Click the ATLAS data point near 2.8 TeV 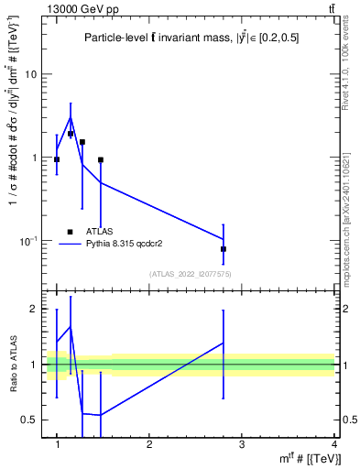pyautogui.click(x=224, y=249)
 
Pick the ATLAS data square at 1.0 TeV pyautogui.click(x=57, y=159)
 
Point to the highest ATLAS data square pyautogui.click(x=71, y=134)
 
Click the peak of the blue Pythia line pyautogui.click(x=71, y=117)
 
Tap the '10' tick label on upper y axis pyautogui.click(x=30, y=74)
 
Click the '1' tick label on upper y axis pyautogui.click(x=33, y=158)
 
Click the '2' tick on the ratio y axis pyautogui.click(x=34, y=310)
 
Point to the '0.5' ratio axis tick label pyautogui.click(x=28, y=420)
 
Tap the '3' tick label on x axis pyautogui.click(x=241, y=444)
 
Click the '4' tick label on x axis pyautogui.click(x=333, y=444)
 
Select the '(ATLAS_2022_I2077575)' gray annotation pyautogui.click(x=190, y=274)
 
